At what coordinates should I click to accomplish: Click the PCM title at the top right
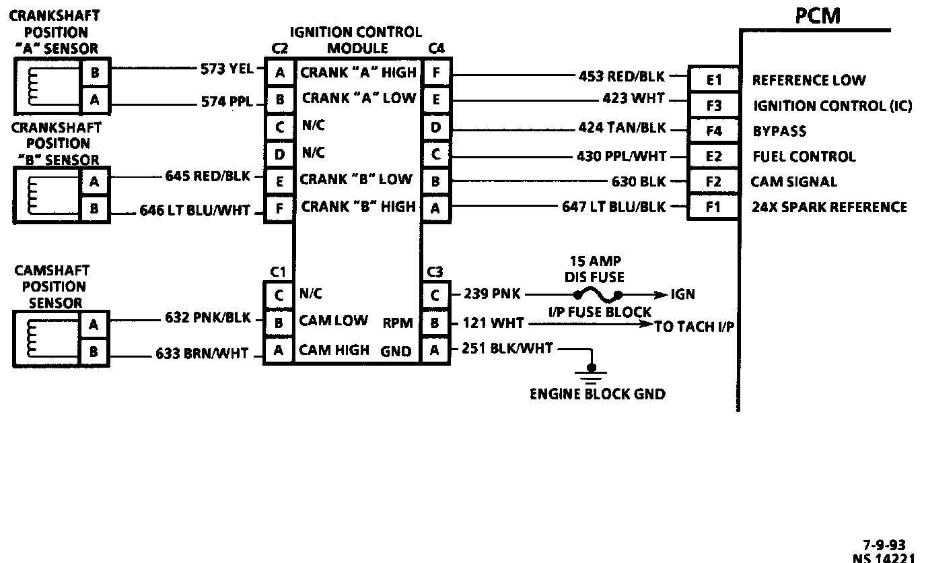818,16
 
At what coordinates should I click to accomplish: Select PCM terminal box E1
713,81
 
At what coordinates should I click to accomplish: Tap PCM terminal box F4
713,131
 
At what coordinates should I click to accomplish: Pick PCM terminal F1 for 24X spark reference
713,207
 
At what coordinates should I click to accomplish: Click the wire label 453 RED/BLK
622,75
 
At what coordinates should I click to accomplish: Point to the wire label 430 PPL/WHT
621,156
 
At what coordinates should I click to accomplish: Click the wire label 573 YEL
227,68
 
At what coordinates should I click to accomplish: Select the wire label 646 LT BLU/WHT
195,211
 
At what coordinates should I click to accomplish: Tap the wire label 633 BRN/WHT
203,353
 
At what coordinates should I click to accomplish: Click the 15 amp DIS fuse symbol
597,295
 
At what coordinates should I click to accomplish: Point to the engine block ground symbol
592,371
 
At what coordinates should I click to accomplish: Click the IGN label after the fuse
682,294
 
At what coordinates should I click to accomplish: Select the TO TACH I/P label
694,327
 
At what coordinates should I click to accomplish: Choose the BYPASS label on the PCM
779,131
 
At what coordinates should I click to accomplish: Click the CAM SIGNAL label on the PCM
794,182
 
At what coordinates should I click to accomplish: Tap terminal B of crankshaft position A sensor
94,73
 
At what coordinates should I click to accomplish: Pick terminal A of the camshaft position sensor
94,325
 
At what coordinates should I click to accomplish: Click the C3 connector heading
435,272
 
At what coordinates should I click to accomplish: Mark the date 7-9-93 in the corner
884,545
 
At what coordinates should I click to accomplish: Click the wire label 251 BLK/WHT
507,348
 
